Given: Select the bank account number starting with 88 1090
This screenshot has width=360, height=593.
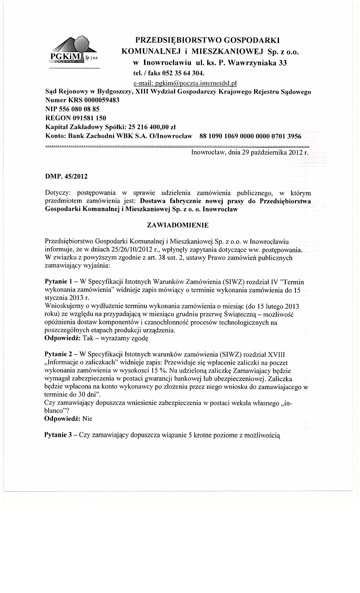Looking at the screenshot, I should point(250,136).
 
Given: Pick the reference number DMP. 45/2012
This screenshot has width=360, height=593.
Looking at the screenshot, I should point(66,177).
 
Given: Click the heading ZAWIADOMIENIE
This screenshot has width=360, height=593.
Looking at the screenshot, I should point(178,225).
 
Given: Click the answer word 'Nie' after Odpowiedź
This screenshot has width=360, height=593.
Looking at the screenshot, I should point(88,419).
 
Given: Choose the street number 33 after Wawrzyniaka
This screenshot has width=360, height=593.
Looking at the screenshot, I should point(283,63).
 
